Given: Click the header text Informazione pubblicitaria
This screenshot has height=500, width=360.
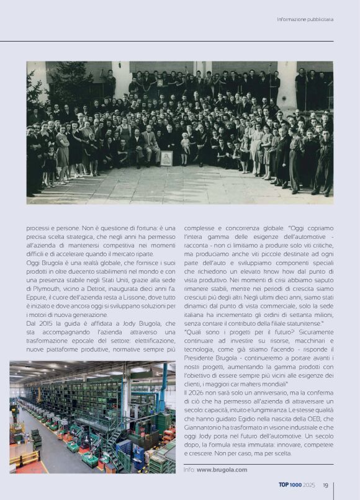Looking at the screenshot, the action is pyautogui.click(x=305, y=19).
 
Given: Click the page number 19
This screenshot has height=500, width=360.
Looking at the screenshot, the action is pyautogui.click(x=325, y=485).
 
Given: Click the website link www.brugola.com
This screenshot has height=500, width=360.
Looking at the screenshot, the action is pyautogui.click(x=222, y=470).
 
